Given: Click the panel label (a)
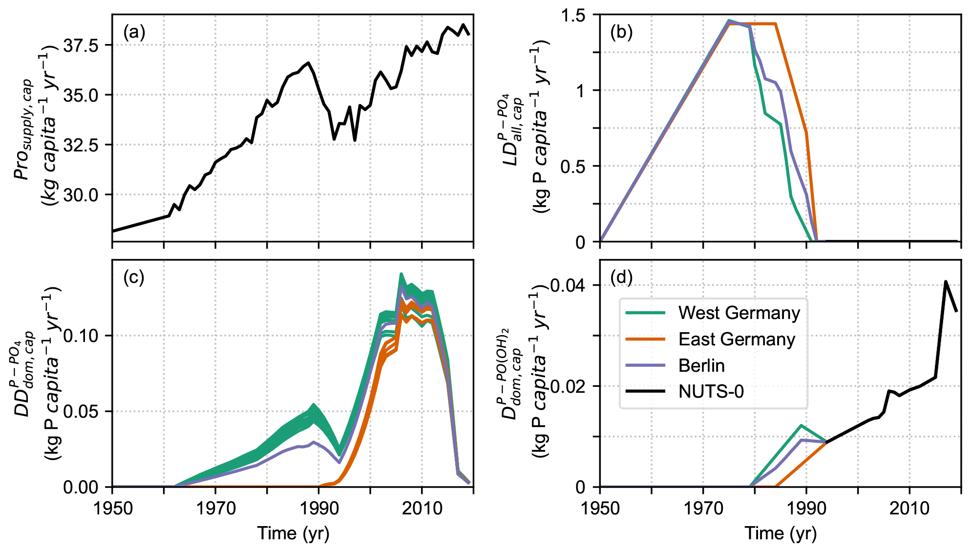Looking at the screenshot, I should pyautogui.click(x=134, y=33).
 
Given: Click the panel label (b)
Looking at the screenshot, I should pyautogui.click(x=621, y=33).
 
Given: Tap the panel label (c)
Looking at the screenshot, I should pyautogui.click(x=134, y=277).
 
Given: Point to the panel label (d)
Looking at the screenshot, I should pyautogui.click(x=621, y=277).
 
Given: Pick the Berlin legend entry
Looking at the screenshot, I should pyautogui.click(x=701, y=365).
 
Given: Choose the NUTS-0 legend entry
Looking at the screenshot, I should pyautogui.click(x=711, y=391).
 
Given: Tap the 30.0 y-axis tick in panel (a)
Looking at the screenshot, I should pyautogui.click(x=81, y=195).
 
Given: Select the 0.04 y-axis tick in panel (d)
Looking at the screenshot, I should pyautogui.click(x=569, y=285).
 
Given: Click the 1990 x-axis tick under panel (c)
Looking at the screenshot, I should pyautogui.click(x=319, y=509).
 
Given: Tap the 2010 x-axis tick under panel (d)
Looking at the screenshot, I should pyautogui.click(x=909, y=509).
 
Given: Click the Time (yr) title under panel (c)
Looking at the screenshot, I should pyautogui.click(x=293, y=533).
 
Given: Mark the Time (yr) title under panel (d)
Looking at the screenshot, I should pyautogui.click(x=781, y=533).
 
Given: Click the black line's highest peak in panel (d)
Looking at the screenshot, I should pyautogui.click(x=946, y=281).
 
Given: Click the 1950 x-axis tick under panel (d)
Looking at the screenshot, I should pyautogui.click(x=600, y=509).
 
